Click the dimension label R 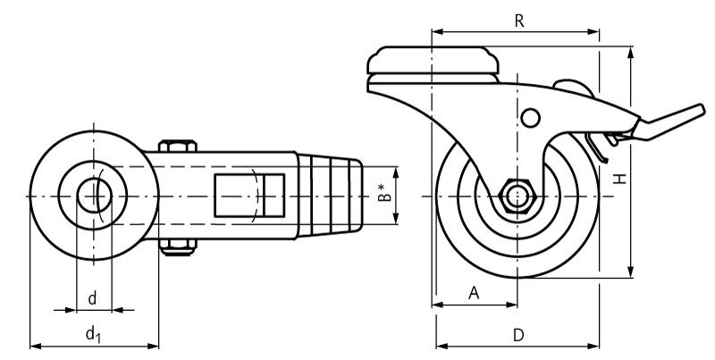[x=519, y=21]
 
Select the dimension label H [x=619, y=179]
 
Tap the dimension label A [x=475, y=293]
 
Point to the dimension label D [x=518, y=335]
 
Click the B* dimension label [x=385, y=192]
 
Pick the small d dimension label [x=93, y=298]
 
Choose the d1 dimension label [x=93, y=334]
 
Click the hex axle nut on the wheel [x=517, y=197]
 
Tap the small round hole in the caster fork [x=530, y=118]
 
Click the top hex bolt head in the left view [x=178, y=146]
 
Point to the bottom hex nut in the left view [x=178, y=247]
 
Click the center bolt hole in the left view [x=95, y=196]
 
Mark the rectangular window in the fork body [x=250, y=195]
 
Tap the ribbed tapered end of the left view [x=330, y=196]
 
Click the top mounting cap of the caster [x=433, y=60]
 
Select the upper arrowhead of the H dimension [x=631, y=52]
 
